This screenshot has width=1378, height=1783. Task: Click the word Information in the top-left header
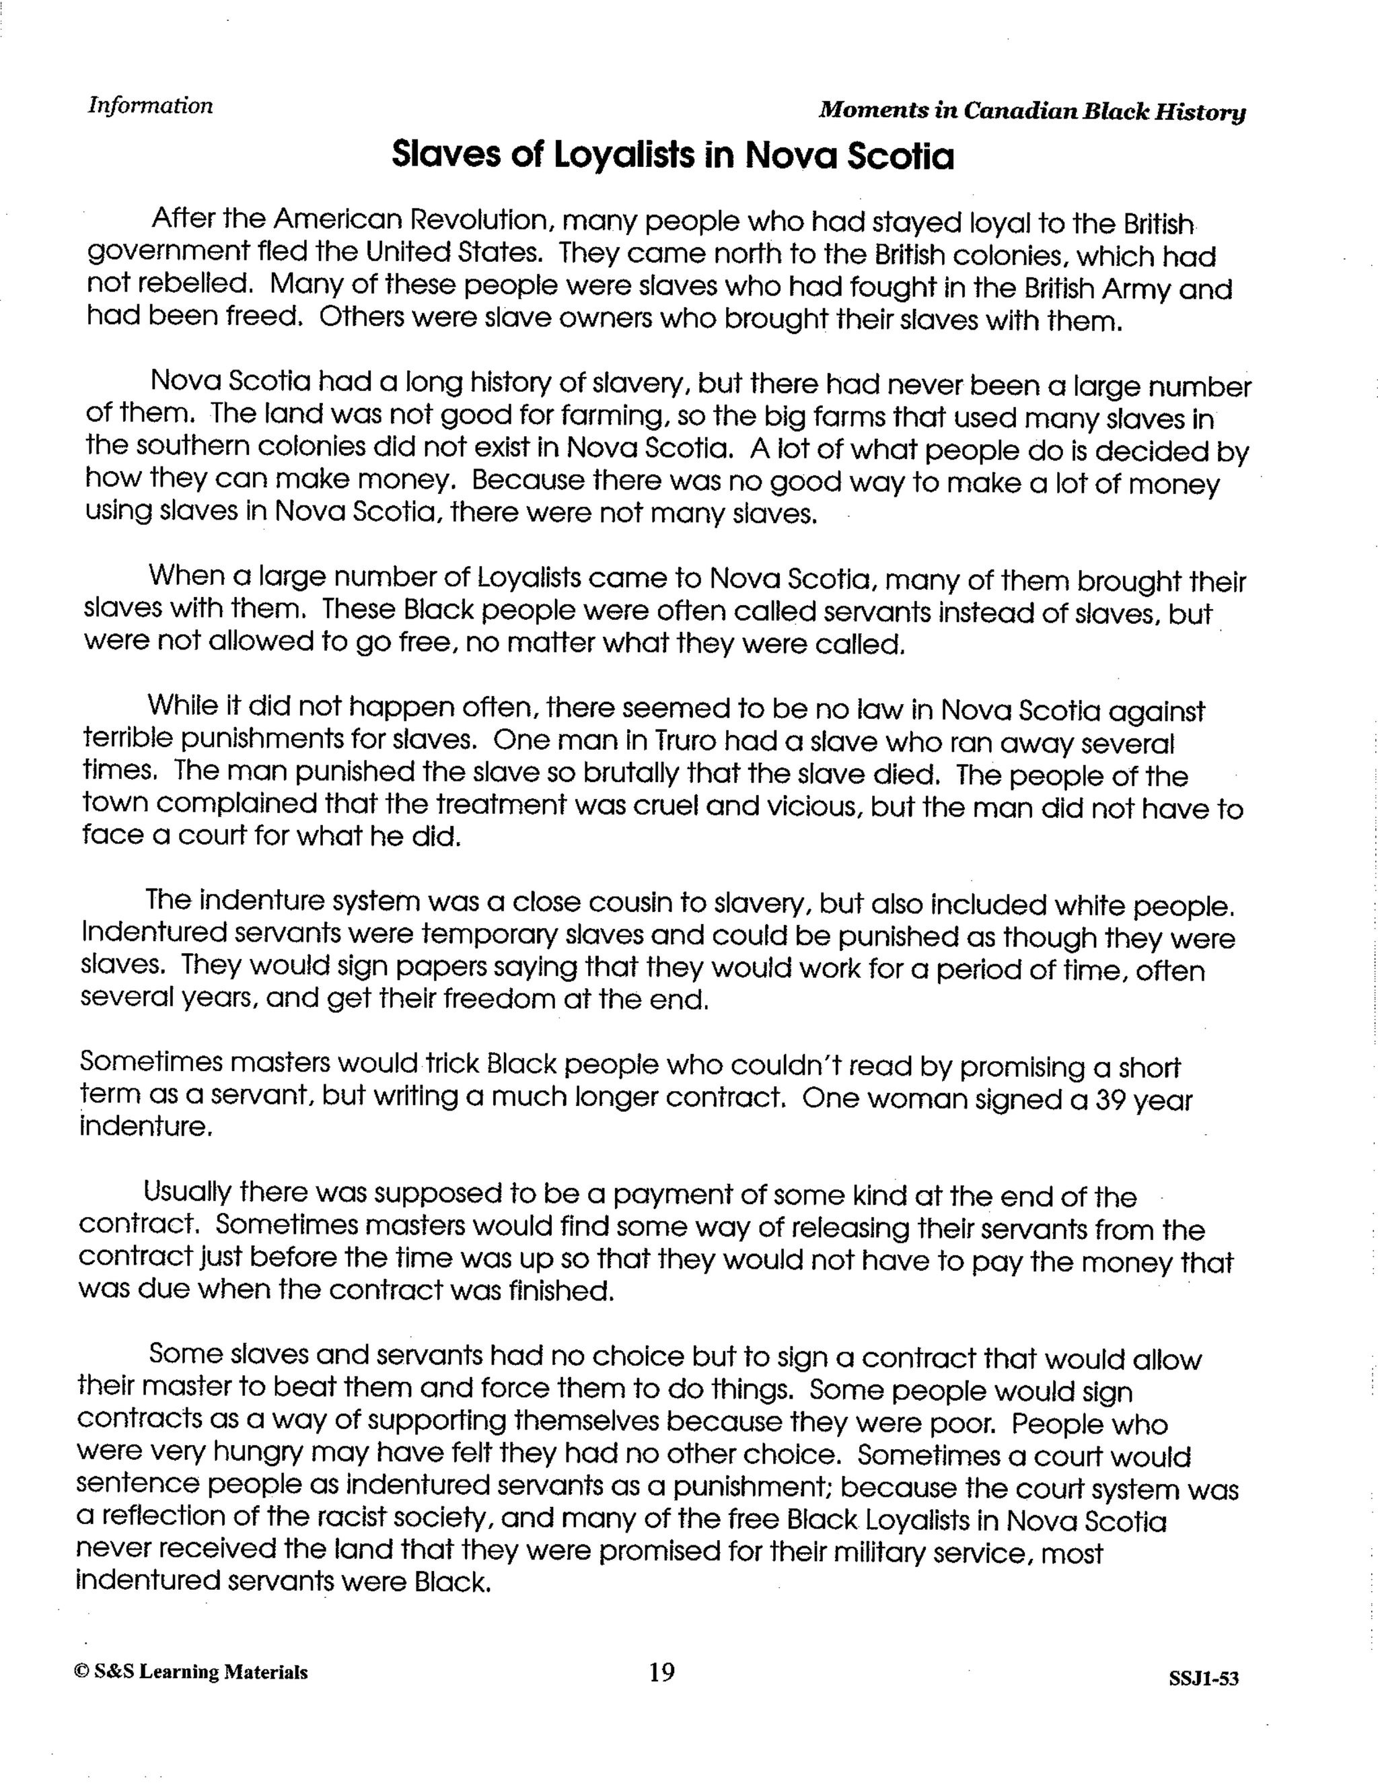150,106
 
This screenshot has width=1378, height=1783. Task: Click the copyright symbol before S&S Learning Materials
80,1672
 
